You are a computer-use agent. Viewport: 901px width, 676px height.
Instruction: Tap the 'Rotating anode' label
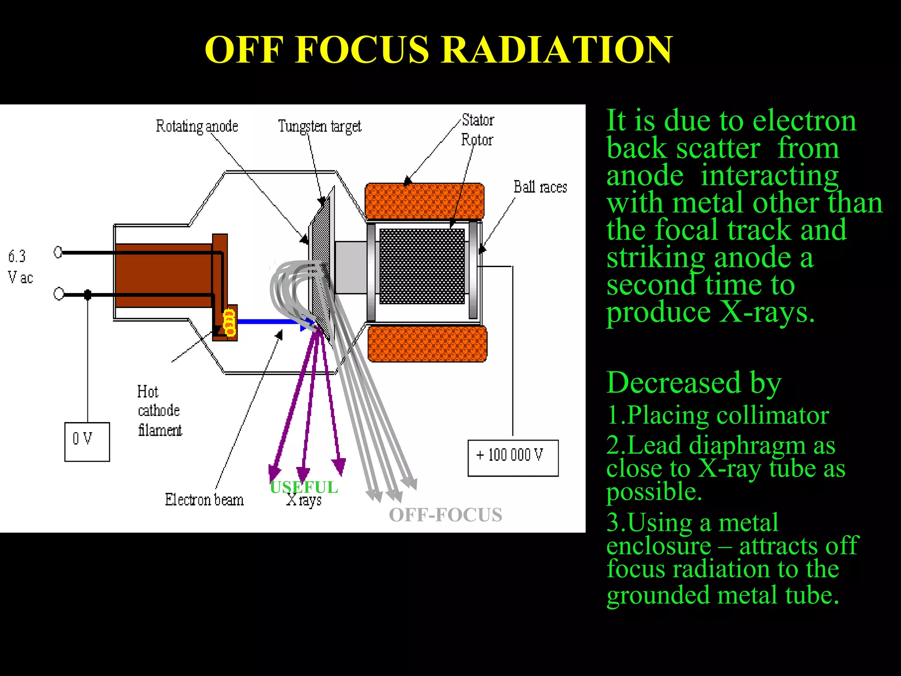(x=197, y=126)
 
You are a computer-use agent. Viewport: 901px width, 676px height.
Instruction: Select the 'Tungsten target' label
(x=319, y=126)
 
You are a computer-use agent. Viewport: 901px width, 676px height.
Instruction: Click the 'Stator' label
(x=478, y=120)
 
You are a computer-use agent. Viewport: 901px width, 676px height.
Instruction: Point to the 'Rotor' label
(x=477, y=140)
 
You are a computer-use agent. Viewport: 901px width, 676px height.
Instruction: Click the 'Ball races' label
(x=540, y=187)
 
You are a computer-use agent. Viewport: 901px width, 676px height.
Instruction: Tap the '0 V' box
(x=87, y=441)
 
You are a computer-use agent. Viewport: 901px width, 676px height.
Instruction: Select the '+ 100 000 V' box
(x=513, y=458)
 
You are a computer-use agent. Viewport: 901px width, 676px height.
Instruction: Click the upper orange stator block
(x=425, y=201)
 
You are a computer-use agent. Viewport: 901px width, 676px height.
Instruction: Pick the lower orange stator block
(x=427, y=344)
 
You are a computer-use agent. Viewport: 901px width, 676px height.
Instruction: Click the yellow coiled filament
(x=229, y=322)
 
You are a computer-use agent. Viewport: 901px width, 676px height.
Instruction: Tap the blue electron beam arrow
(x=268, y=322)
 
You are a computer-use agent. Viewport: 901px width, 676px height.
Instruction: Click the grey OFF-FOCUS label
(x=445, y=515)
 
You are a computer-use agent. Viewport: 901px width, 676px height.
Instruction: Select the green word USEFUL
(x=304, y=487)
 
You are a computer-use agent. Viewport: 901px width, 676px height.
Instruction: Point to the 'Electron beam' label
(x=204, y=500)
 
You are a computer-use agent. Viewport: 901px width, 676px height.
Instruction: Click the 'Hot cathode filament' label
(x=159, y=411)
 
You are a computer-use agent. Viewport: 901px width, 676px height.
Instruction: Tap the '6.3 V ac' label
(x=20, y=267)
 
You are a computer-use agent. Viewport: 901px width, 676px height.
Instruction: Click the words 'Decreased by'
(x=693, y=382)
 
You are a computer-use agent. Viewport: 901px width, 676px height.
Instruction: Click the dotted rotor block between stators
(x=422, y=266)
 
